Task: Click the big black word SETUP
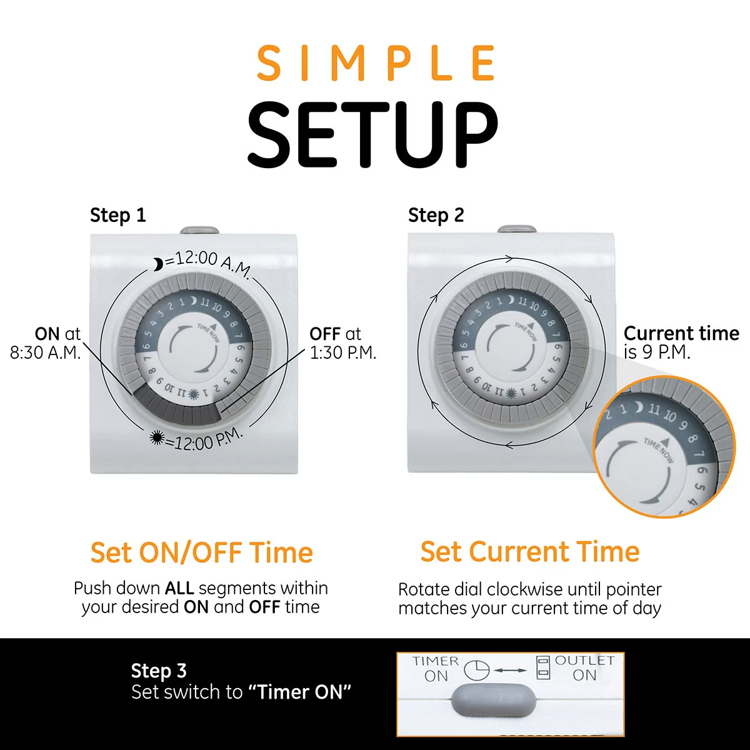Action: (x=373, y=136)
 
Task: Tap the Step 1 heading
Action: (x=117, y=216)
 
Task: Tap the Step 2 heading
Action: (x=436, y=216)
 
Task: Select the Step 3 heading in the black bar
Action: (x=159, y=671)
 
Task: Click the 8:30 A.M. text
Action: (x=45, y=353)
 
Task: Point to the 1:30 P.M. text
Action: (x=343, y=353)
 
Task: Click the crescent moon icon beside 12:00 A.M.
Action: (x=158, y=265)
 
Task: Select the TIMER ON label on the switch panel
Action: (x=436, y=668)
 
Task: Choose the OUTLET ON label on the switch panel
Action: (x=584, y=667)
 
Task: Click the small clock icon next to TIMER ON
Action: (x=476, y=670)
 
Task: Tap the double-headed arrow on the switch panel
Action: (x=511, y=671)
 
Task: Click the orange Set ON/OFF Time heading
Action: (x=201, y=553)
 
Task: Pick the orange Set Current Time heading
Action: (x=529, y=552)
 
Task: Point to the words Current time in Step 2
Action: (x=681, y=334)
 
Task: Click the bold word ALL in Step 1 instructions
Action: (x=179, y=589)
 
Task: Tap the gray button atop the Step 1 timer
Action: (x=199, y=231)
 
